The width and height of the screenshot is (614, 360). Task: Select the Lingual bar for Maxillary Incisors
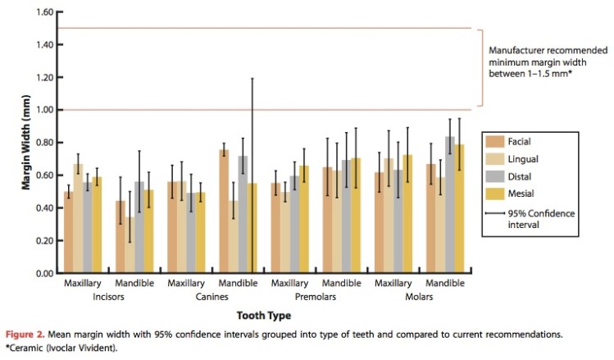pos(77,218)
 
